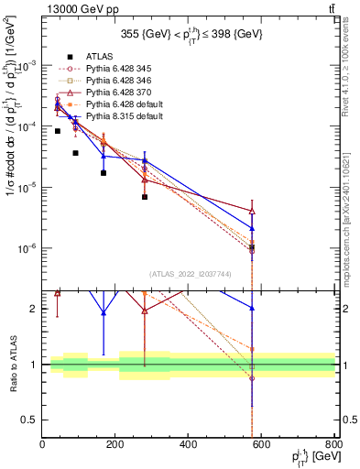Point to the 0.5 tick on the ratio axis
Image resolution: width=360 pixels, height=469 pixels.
click(32, 420)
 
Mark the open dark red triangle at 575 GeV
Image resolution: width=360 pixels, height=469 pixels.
click(252, 211)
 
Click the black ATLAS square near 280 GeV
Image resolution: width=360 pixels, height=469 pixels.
click(145, 197)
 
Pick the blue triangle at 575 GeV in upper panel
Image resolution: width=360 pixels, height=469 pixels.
click(252, 228)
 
